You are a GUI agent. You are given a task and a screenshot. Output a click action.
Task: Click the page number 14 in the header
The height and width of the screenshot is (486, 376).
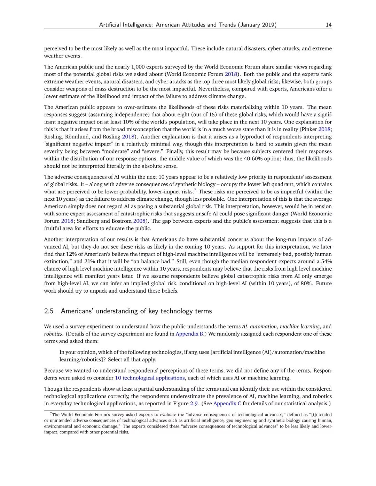tap(328, 25)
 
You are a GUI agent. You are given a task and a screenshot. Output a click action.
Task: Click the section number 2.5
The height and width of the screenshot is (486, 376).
tap(49, 311)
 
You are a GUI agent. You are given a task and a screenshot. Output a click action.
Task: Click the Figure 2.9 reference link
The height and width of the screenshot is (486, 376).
tap(194, 404)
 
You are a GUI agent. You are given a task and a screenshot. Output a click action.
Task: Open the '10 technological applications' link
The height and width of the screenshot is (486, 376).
tap(150, 378)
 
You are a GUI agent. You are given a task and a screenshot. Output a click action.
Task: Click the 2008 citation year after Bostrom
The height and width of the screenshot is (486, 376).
tap(139, 221)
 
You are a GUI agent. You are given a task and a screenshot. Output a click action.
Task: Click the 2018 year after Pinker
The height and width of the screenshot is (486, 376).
tap(324, 129)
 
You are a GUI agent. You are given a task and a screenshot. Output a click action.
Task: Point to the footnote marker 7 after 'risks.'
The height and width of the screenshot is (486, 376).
tap(195, 190)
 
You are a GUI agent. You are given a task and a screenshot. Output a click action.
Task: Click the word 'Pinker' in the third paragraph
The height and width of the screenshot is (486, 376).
tap(308, 129)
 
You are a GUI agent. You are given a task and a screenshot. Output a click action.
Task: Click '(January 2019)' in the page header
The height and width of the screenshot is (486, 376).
tap(257, 25)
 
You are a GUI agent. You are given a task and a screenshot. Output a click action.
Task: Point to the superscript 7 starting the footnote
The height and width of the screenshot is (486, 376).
tap(51, 413)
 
